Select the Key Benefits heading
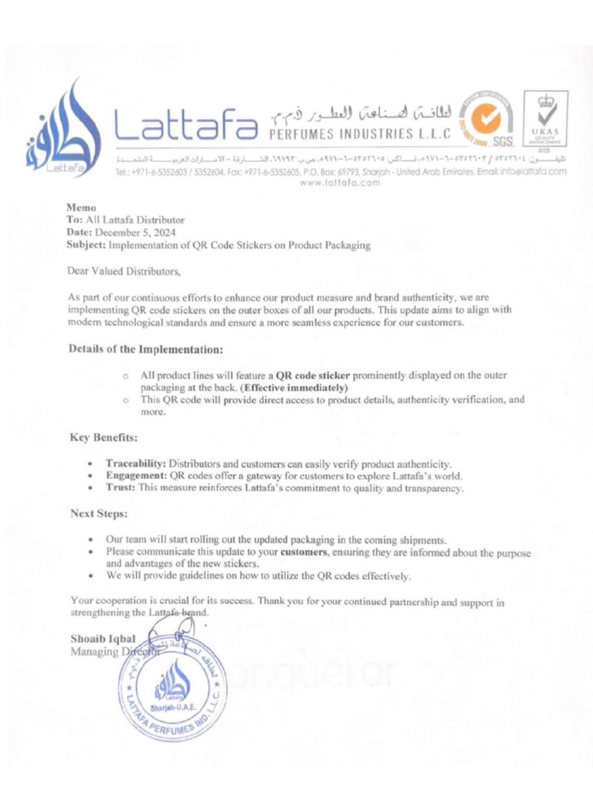click(x=103, y=438)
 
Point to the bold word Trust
click(x=120, y=488)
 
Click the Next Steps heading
click(x=99, y=513)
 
